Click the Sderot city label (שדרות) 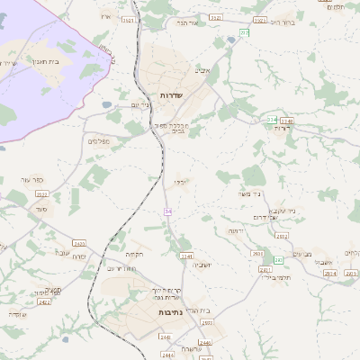click(171, 94)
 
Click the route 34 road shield click(167, 211)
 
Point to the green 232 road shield click(243, 32)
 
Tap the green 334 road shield click(272, 119)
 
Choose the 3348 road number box click(287, 121)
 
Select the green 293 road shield click(279, 259)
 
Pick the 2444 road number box click(166, 337)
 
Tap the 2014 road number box click(329, 273)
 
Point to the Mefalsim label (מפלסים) click(100, 141)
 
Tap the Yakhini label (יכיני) click(181, 181)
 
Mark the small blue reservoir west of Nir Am click(107, 104)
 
